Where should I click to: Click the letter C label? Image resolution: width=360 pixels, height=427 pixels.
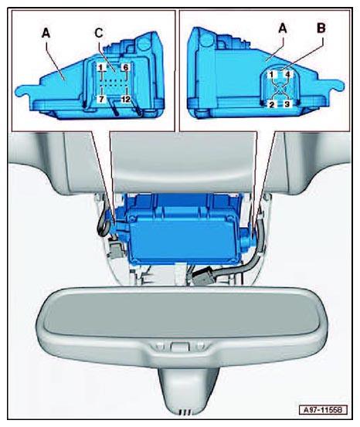coord(99,33)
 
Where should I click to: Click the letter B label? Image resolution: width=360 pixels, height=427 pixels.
coord(321,29)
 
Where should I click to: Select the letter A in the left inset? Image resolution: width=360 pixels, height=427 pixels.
coord(46,33)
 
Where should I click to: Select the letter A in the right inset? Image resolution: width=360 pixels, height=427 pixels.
coord(283,29)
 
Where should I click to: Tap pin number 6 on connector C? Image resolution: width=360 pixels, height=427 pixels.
coord(126,67)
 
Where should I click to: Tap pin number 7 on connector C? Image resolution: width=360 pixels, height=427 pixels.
coord(101,99)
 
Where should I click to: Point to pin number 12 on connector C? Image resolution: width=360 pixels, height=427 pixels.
coord(126,100)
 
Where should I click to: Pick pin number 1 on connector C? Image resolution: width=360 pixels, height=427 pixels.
coord(101,67)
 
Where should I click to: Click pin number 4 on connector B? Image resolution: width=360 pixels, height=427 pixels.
coord(288,74)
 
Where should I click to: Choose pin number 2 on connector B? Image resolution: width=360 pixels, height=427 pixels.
coord(271,104)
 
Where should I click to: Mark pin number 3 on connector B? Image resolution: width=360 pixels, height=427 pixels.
coord(287,104)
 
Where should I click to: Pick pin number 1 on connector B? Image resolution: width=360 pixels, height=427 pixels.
coord(271,74)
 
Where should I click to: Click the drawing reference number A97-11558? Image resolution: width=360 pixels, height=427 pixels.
coord(323,410)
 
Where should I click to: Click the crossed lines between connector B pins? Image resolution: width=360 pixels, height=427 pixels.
coord(280,89)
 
